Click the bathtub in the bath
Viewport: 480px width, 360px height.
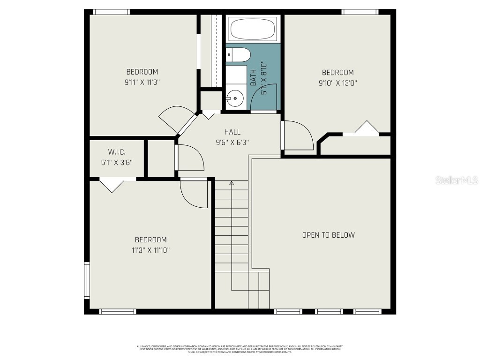point(253,29)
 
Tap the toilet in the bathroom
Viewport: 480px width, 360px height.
point(238,55)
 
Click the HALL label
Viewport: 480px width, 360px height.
point(232,132)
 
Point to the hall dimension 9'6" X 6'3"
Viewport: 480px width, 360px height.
point(232,142)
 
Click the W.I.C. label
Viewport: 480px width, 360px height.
point(116,152)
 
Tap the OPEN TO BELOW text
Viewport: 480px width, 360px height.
point(328,235)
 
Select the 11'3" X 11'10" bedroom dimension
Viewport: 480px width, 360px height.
point(150,250)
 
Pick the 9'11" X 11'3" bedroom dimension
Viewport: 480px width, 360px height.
point(142,82)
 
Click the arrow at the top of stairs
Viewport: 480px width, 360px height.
point(231,183)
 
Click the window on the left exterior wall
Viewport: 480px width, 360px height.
point(87,280)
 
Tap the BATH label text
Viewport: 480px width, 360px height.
point(253,77)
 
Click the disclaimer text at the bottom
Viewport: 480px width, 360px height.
point(240,349)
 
